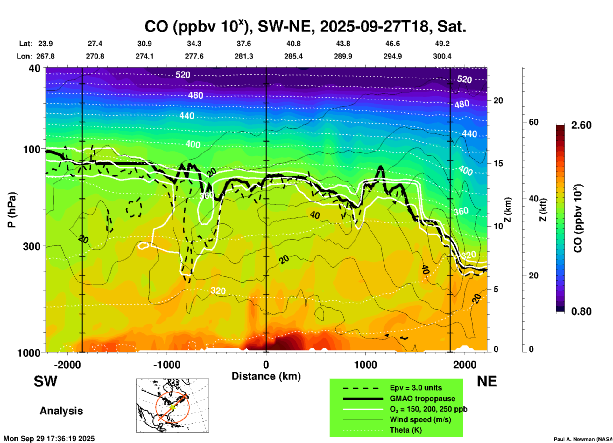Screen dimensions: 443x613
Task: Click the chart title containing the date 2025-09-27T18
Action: click(x=305, y=27)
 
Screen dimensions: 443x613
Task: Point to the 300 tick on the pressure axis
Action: click(x=32, y=246)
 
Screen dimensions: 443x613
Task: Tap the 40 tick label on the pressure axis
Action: click(x=35, y=68)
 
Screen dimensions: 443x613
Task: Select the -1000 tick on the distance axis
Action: click(x=166, y=365)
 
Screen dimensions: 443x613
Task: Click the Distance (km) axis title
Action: click(x=266, y=377)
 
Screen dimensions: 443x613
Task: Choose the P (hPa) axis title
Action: click(x=12, y=210)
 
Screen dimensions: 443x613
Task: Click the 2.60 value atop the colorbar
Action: click(x=581, y=125)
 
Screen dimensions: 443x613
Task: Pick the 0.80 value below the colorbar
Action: click(x=581, y=311)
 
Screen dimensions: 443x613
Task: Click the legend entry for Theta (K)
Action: click(x=405, y=430)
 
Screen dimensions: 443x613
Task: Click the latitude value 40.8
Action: click(x=293, y=44)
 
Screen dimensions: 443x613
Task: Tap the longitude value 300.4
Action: click(x=442, y=57)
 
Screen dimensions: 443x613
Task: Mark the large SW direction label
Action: click(x=46, y=381)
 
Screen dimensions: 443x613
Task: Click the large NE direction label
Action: click(x=486, y=381)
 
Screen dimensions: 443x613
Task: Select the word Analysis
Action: click(x=61, y=411)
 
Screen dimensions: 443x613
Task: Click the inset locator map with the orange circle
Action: click(x=173, y=406)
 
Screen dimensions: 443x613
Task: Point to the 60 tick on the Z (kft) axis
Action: click(x=533, y=122)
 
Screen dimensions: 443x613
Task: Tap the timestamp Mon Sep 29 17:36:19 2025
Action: click(x=49, y=439)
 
